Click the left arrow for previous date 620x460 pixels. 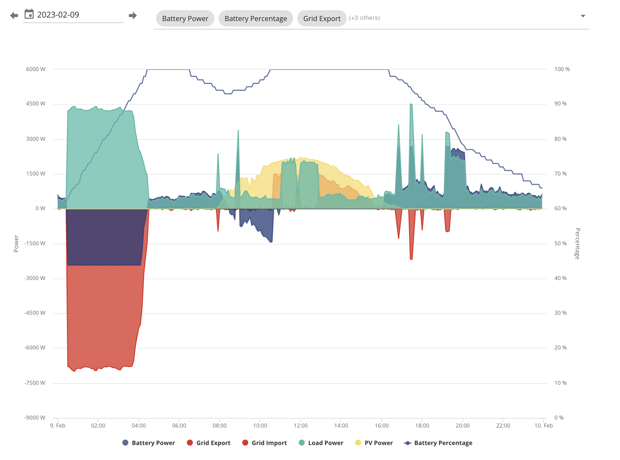(x=14, y=15)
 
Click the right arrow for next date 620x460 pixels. (x=133, y=15)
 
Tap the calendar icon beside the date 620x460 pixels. (x=29, y=14)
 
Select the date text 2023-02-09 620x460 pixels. (x=58, y=15)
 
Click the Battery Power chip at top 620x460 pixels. (x=185, y=18)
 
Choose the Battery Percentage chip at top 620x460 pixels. (x=256, y=18)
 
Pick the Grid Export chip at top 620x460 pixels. (x=322, y=18)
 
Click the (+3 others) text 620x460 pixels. (x=364, y=18)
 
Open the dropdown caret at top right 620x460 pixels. (x=583, y=16)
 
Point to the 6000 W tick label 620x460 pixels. (x=36, y=69)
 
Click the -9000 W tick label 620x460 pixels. (x=35, y=418)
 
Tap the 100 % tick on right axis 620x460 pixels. (x=562, y=69)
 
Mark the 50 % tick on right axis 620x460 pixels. (x=560, y=243)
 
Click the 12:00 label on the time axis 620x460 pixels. (x=301, y=426)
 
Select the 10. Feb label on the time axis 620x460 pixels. (x=544, y=426)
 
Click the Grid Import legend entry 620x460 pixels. (x=264, y=443)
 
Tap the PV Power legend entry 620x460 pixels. (x=374, y=443)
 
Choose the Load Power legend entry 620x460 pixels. (x=321, y=443)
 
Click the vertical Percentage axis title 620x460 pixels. (x=577, y=244)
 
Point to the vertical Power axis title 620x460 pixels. (x=16, y=244)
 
